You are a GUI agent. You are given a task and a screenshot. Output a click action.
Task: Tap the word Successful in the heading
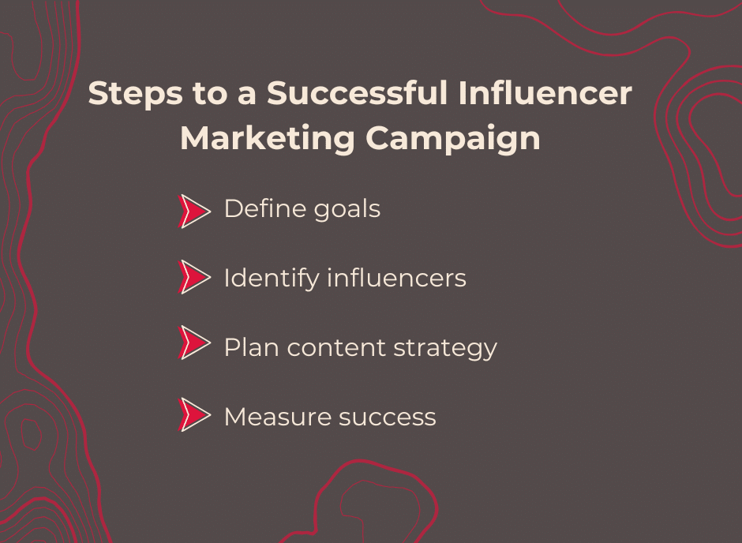pyautogui.click(x=358, y=94)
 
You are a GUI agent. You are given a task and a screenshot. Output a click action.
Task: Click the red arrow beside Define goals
pyautogui.click(x=195, y=211)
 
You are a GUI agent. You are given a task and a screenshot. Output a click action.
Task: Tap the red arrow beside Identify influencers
pyautogui.click(x=195, y=278)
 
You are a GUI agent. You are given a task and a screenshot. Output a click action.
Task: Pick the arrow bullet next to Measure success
pyautogui.click(x=195, y=414)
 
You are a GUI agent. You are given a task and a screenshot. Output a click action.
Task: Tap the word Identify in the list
pyautogui.click(x=271, y=279)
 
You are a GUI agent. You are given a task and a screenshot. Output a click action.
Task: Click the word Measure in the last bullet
pyautogui.click(x=274, y=416)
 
